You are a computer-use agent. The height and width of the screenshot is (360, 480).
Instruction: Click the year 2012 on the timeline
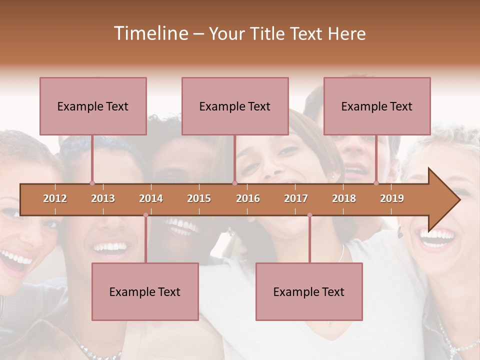click(55, 198)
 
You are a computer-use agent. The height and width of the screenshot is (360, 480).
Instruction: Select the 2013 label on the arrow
click(103, 198)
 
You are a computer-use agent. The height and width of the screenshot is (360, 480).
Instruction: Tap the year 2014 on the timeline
click(151, 198)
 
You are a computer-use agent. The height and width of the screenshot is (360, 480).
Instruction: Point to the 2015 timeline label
click(199, 198)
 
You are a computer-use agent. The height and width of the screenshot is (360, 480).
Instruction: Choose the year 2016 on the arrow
click(248, 198)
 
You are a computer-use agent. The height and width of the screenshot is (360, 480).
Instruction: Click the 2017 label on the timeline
click(296, 198)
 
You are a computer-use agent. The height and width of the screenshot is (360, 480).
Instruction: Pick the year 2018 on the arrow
click(344, 198)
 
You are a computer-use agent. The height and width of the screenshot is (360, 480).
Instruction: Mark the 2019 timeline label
click(392, 198)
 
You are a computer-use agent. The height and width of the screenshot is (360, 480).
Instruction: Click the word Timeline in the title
click(149, 33)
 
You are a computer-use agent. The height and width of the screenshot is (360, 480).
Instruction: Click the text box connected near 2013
click(93, 106)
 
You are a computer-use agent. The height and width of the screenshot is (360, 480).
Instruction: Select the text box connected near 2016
click(235, 106)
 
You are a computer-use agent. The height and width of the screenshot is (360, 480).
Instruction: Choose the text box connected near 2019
click(377, 106)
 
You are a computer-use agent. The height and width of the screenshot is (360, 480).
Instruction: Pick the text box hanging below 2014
click(145, 291)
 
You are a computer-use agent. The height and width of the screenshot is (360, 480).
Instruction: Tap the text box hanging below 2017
click(309, 291)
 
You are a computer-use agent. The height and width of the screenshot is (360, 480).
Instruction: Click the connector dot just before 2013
click(92, 183)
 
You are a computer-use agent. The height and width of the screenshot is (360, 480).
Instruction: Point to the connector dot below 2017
click(309, 215)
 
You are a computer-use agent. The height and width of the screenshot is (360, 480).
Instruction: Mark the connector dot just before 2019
click(376, 183)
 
